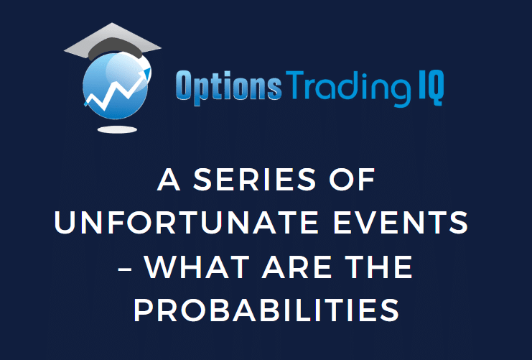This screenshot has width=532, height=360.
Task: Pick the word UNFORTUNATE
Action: [x=177, y=225]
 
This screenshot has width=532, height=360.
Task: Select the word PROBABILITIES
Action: [x=266, y=311]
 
